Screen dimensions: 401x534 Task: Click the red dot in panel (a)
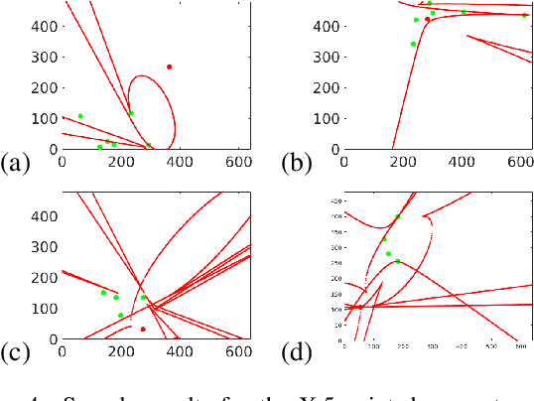tap(170, 67)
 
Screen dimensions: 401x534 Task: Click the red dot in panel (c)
tap(143, 329)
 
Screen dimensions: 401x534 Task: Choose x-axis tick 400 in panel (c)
tap(179, 350)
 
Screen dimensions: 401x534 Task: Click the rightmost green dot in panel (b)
tap(524, 16)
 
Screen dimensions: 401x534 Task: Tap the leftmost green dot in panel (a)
tap(80, 116)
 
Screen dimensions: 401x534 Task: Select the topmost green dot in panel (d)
tap(398, 216)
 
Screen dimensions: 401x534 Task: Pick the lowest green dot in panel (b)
tap(413, 44)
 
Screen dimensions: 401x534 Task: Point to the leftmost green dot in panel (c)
tap(103, 293)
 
